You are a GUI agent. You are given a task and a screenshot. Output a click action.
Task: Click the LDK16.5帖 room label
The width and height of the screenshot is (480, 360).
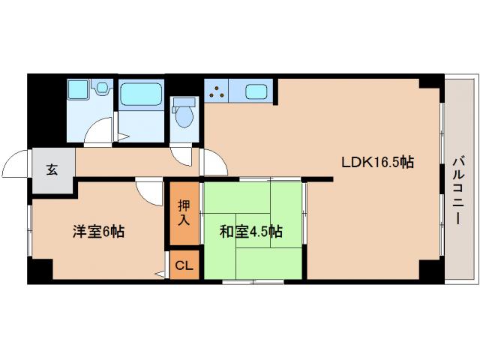click(378, 161)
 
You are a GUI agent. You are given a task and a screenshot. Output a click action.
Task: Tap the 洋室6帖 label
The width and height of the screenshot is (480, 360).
click(98, 232)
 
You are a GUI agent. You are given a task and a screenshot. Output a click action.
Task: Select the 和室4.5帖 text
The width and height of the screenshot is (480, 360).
click(250, 232)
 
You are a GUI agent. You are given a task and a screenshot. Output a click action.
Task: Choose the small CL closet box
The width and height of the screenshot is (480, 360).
click(184, 265)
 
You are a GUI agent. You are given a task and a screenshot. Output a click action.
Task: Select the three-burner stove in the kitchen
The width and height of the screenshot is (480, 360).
click(218, 94)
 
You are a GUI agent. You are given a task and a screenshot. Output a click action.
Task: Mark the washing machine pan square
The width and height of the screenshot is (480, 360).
click(78, 91)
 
